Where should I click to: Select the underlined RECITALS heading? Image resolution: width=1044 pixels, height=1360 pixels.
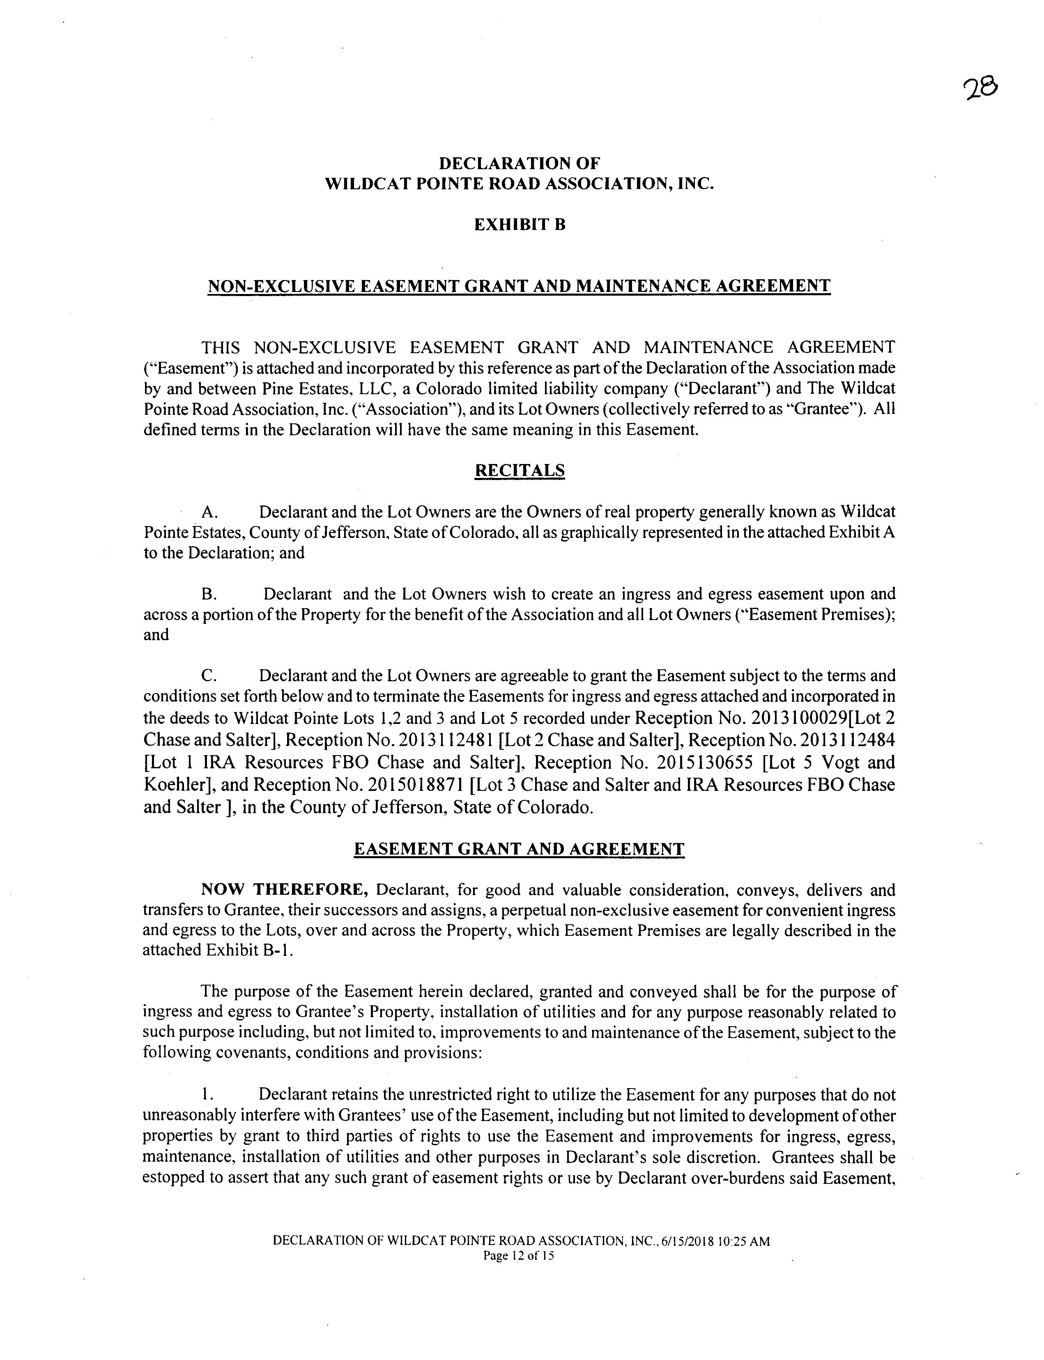coord(520,470)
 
